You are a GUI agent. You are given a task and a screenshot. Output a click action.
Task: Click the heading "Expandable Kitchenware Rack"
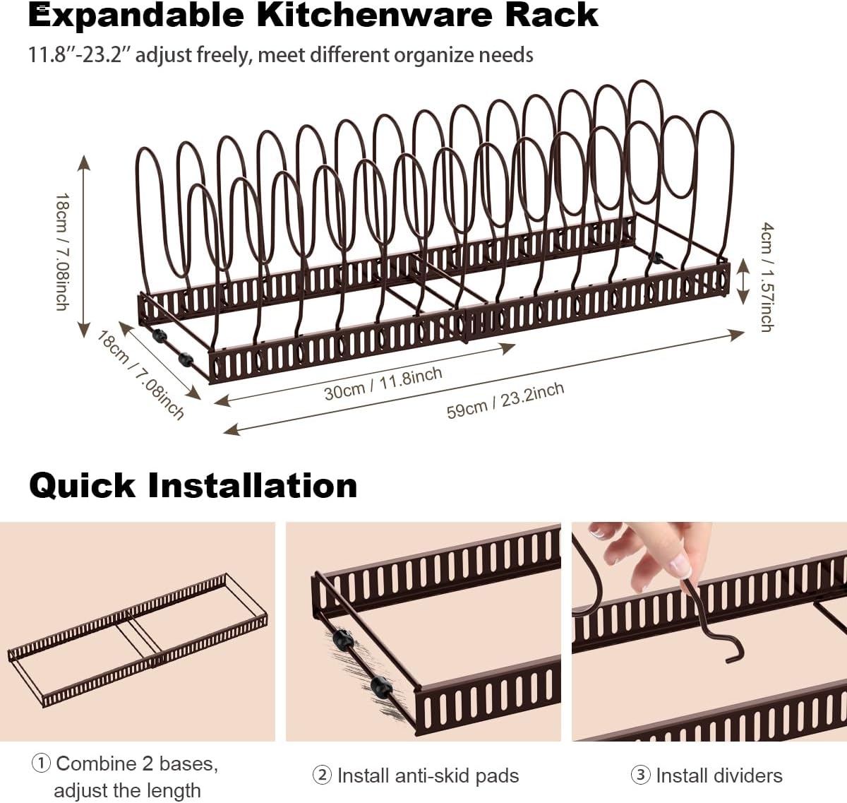313,16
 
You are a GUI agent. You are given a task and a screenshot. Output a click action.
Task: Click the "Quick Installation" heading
193,486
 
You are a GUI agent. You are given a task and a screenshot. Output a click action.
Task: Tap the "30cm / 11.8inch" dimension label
383,383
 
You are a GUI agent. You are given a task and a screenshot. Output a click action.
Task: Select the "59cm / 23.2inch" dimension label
505,400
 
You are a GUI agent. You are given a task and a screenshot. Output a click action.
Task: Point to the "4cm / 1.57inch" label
767,276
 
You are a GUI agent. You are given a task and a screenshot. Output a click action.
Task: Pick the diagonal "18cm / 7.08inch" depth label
141,374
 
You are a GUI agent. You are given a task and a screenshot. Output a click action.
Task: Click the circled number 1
41,763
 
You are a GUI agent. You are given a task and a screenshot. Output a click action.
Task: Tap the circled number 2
322,775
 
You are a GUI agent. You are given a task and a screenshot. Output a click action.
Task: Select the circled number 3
640,775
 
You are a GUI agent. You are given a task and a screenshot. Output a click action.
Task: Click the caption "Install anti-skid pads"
428,775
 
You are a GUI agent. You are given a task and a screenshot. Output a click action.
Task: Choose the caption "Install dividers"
719,775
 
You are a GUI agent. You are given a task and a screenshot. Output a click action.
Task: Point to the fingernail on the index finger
680,565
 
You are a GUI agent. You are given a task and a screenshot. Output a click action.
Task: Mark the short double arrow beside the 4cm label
742,280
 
